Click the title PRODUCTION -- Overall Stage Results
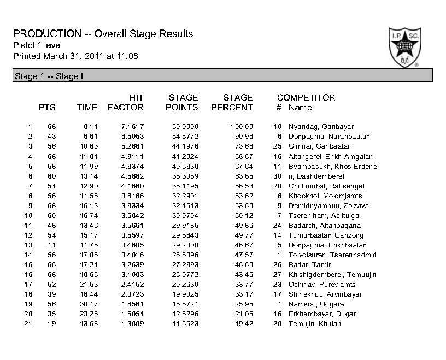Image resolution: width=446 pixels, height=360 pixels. click(x=102, y=34)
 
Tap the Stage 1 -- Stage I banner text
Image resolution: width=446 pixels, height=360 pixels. click(x=48, y=76)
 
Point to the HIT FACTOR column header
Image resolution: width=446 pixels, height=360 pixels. click(x=126, y=103)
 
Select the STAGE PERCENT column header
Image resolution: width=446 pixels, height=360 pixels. click(x=232, y=103)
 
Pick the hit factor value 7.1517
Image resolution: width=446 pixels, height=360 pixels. click(x=132, y=127)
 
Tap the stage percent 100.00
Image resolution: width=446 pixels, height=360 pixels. click(x=241, y=127)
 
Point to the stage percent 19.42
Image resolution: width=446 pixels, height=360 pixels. click(x=244, y=324)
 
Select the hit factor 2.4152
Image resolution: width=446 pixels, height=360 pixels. click(x=132, y=285)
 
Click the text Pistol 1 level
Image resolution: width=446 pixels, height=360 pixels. click(x=37, y=45)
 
